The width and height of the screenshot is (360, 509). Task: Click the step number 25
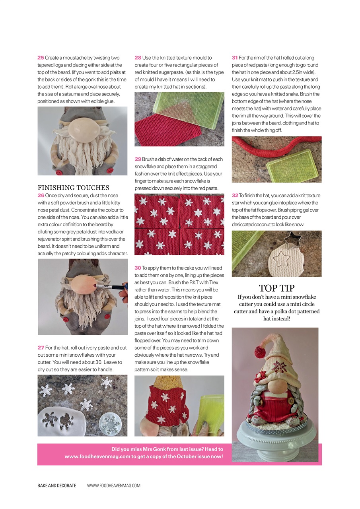[41, 58]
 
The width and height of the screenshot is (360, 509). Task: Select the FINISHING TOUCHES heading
[73, 188]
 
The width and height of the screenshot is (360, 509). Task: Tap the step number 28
[138, 58]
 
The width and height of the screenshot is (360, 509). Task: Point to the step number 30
[138, 268]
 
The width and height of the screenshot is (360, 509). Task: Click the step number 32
[235, 195]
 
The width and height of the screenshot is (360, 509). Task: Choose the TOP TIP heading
[276, 288]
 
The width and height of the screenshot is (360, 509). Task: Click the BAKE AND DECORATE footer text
[56, 486]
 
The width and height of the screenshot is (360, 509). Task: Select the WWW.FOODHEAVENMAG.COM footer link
[114, 486]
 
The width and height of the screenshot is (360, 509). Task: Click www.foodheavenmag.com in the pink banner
[97, 457]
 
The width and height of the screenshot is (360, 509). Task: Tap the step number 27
[41, 348]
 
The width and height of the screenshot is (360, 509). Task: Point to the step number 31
[235, 58]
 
